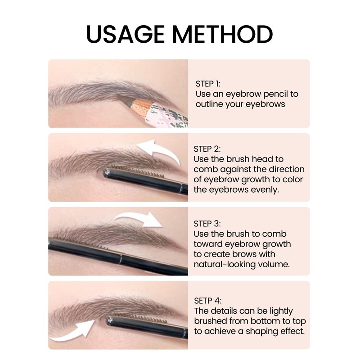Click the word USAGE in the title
pos(126,34)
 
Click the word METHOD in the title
pos(222,34)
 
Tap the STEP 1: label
pos(208,84)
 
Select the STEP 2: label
pos(207,149)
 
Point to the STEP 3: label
pos(207,224)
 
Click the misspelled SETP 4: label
pos(208,301)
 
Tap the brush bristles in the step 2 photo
pos(137,171)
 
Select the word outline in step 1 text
pos(209,104)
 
